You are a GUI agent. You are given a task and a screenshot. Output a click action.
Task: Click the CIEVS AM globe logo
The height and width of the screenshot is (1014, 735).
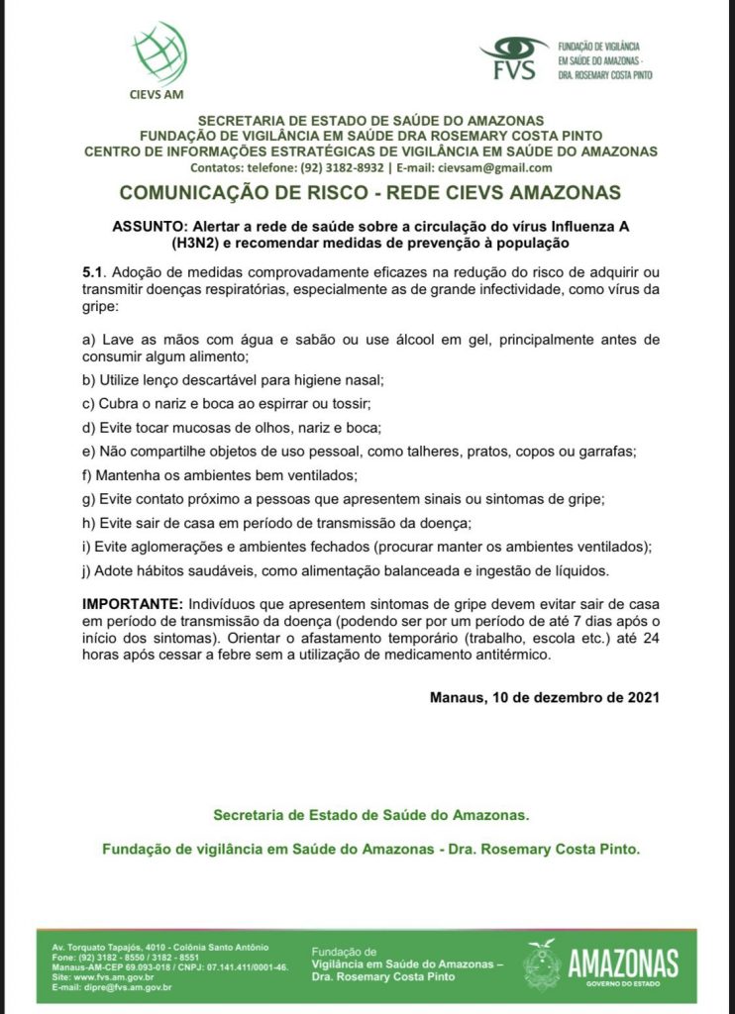pyautogui.click(x=157, y=51)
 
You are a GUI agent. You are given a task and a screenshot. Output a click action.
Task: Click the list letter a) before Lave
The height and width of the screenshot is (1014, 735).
pyautogui.click(x=88, y=340)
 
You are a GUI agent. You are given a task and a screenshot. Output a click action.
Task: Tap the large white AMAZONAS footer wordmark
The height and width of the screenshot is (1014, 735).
pyautogui.click(x=622, y=962)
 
